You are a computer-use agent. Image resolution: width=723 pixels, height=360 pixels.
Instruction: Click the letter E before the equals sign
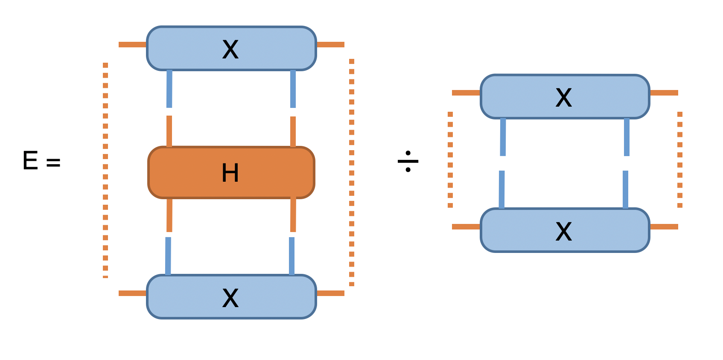click(30, 161)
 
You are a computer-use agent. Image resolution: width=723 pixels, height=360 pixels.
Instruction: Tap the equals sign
click(53, 163)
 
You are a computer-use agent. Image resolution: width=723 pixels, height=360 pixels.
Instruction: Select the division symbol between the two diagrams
click(408, 161)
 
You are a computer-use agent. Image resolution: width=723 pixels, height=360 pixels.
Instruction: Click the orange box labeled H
click(231, 172)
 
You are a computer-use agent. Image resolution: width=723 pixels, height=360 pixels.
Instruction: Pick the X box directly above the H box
click(231, 48)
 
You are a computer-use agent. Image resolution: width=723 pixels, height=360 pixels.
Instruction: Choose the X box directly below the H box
click(231, 297)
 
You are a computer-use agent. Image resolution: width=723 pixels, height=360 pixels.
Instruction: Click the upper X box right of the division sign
click(565, 97)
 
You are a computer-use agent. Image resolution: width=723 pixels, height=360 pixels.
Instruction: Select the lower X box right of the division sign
click(565, 230)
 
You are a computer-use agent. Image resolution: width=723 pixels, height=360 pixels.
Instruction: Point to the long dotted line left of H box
click(105, 171)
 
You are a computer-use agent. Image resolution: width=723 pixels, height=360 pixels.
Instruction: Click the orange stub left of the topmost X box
click(132, 44)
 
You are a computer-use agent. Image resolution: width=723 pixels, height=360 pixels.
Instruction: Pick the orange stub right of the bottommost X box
click(330, 293)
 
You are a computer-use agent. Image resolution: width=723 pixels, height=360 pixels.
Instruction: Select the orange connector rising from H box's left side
click(169, 131)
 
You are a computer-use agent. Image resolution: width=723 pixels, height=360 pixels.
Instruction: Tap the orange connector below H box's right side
click(293, 215)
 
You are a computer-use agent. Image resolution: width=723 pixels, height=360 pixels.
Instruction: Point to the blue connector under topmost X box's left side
click(169, 89)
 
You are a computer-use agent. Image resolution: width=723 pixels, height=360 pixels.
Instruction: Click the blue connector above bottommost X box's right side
click(292, 256)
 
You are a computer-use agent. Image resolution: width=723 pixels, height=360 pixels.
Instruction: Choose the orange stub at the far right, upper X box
click(664, 93)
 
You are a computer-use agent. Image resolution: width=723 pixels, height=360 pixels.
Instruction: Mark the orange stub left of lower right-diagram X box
click(466, 226)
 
